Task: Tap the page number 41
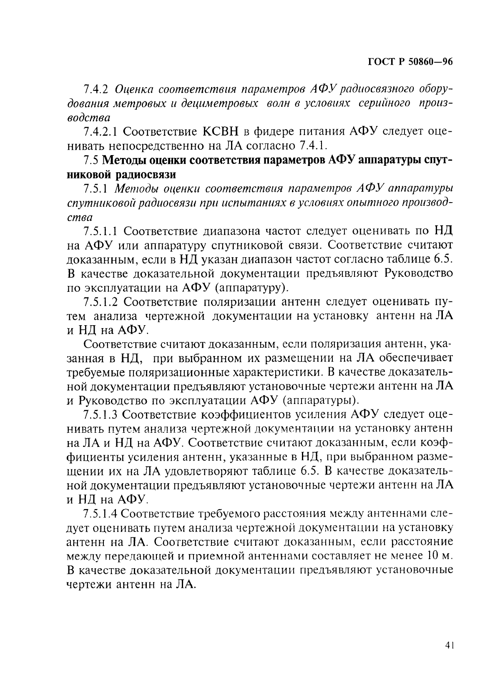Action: click(448, 646)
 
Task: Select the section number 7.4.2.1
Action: click(101, 132)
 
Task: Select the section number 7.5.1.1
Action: click(101, 231)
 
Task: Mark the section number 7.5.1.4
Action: click(101, 513)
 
